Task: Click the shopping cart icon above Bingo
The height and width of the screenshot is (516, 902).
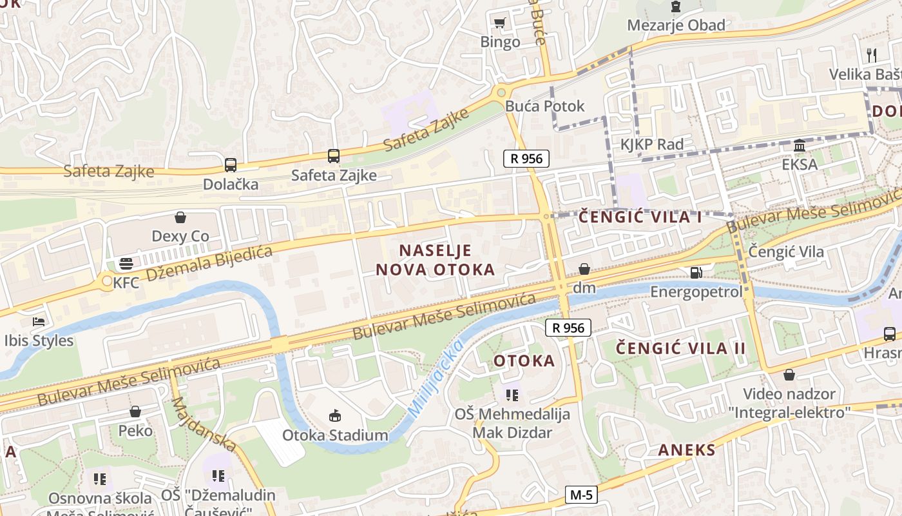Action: (x=499, y=23)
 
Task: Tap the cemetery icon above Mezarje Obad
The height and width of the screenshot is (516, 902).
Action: (x=675, y=6)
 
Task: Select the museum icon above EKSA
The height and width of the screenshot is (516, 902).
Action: (x=800, y=145)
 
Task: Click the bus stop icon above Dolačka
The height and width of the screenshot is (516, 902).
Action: (x=231, y=165)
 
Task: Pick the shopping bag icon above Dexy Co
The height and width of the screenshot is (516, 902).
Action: (x=180, y=217)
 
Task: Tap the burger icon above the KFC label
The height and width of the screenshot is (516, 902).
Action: (x=126, y=264)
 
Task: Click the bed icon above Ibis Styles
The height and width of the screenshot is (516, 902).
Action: (x=39, y=321)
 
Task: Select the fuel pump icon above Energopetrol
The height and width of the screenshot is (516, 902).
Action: (x=696, y=273)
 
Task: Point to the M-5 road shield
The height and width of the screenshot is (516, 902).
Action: (x=581, y=495)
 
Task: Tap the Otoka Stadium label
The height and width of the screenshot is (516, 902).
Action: (x=335, y=435)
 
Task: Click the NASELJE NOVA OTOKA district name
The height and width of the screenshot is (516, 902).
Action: (x=436, y=260)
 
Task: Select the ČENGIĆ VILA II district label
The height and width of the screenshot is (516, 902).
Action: (x=680, y=348)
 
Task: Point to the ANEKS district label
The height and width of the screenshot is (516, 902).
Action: (x=686, y=450)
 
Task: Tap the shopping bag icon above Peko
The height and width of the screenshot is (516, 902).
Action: (x=135, y=412)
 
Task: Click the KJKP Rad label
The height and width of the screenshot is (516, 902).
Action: (x=651, y=144)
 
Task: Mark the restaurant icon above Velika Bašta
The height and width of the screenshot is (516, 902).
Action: (x=872, y=55)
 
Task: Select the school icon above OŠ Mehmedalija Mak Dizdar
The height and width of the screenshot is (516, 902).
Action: (x=512, y=395)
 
